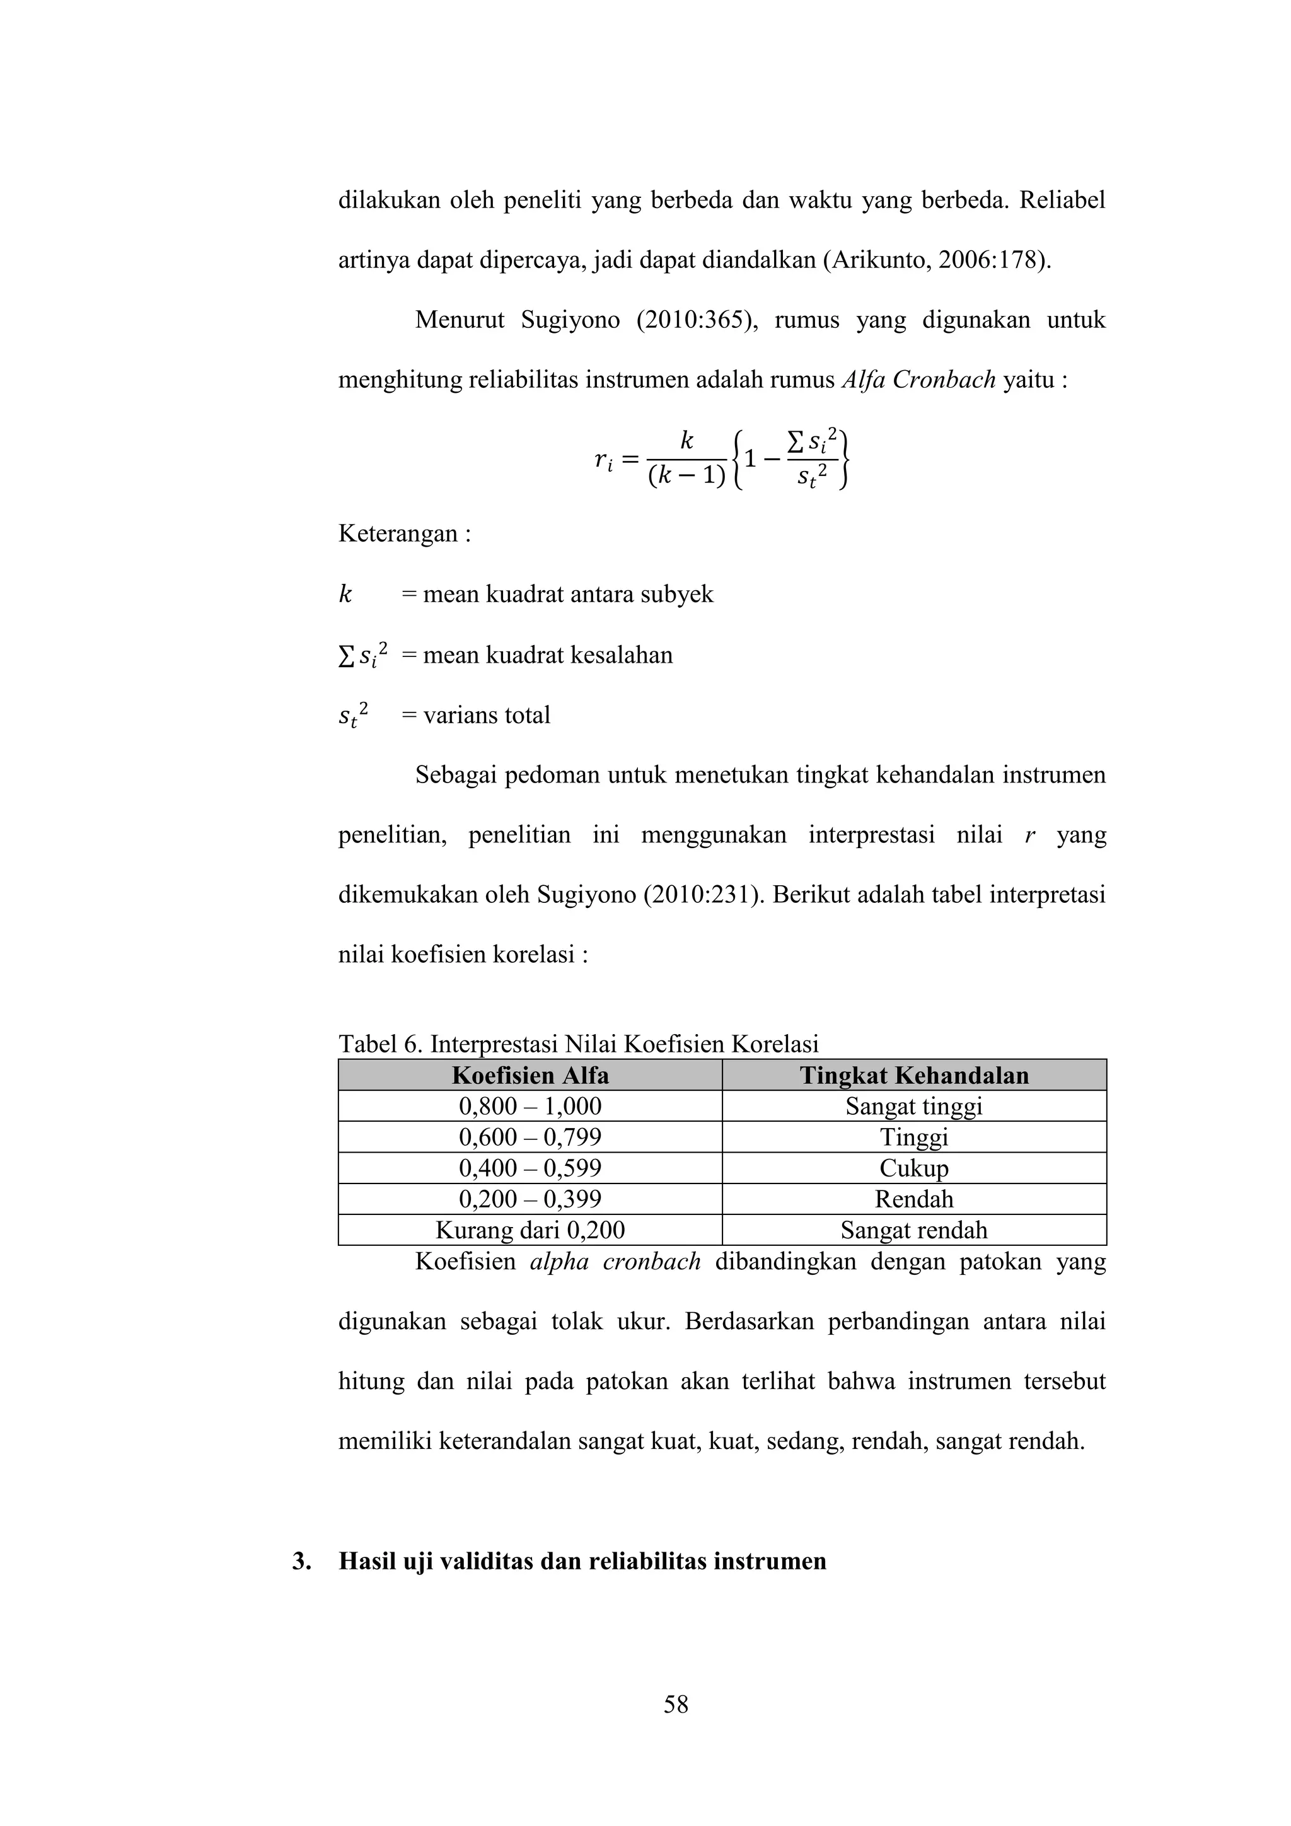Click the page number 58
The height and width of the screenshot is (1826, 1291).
(x=676, y=1704)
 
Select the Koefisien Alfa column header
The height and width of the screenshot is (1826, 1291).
(x=530, y=1075)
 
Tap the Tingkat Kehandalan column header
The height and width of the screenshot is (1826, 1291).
(x=913, y=1075)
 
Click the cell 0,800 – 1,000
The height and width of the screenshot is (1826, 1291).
(x=530, y=1107)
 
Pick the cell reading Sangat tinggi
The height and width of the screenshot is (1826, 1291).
(x=913, y=1107)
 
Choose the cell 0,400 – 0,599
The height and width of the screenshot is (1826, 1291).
(x=530, y=1168)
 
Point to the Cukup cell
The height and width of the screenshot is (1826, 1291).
(x=913, y=1168)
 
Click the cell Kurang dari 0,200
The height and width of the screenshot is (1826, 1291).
(x=530, y=1230)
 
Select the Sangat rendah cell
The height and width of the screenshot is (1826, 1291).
(x=913, y=1230)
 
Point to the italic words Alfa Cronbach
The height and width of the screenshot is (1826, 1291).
(x=918, y=380)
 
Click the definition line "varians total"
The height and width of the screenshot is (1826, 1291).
(x=486, y=715)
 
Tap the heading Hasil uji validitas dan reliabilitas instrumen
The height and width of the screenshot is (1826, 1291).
(x=582, y=1561)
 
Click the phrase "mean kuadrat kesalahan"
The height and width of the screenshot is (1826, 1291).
(x=547, y=654)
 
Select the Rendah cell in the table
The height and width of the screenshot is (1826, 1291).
(x=913, y=1199)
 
